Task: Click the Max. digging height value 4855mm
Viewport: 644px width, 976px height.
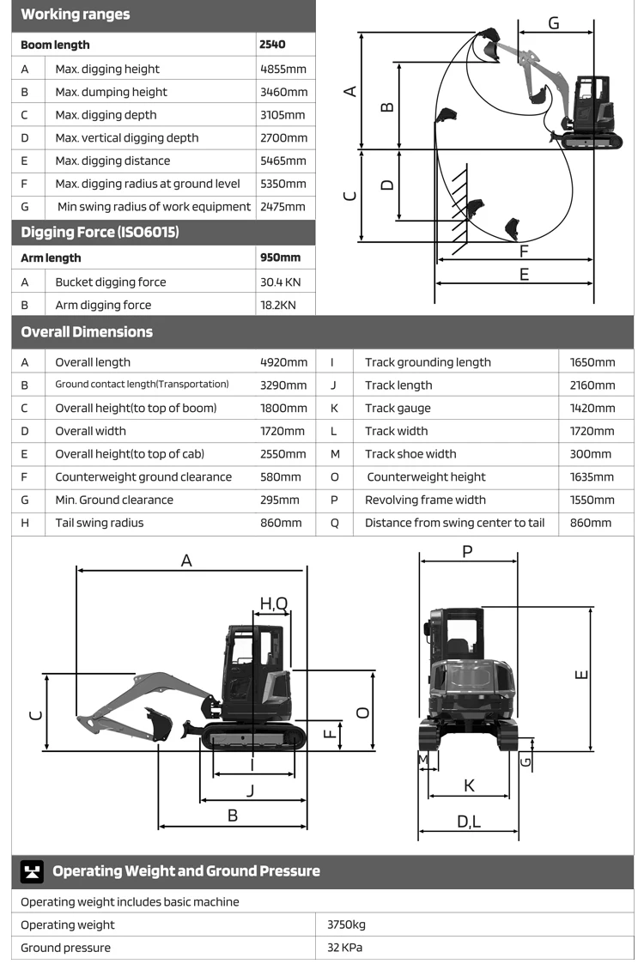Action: tap(283, 70)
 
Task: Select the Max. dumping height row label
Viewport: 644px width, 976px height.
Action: tap(111, 92)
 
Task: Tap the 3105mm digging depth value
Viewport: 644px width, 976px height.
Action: tap(283, 115)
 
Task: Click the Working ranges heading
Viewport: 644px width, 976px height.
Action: tap(76, 15)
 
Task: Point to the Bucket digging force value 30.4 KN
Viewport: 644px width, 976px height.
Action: tap(281, 282)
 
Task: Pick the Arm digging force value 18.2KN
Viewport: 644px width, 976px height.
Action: tap(278, 305)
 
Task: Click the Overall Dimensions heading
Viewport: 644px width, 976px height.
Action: tap(87, 332)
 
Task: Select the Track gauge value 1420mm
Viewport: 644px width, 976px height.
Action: tap(592, 409)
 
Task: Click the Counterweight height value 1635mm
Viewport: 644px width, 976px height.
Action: tap(592, 477)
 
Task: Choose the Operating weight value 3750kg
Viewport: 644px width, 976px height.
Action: tap(346, 924)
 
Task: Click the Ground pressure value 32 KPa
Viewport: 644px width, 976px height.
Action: tap(345, 948)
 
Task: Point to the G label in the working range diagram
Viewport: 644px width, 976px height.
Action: tap(553, 23)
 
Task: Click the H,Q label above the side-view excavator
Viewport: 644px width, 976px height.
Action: tap(274, 603)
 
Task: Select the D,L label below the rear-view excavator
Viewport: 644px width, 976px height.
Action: tap(469, 822)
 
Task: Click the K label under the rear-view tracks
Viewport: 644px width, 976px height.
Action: tap(469, 785)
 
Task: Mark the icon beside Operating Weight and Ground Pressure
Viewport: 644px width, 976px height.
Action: tap(33, 871)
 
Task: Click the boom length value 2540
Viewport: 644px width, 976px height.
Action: tap(272, 45)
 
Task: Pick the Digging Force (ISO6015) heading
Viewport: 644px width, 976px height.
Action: tap(100, 233)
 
